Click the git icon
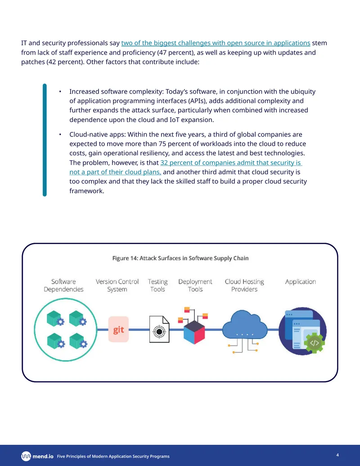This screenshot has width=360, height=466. click(x=118, y=329)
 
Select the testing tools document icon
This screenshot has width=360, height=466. click(x=159, y=329)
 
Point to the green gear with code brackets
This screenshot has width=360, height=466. click(x=314, y=343)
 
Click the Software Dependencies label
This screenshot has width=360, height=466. click(x=63, y=285)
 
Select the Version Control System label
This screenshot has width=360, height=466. click(x=117, y=285)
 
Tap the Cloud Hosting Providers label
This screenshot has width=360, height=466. click(x=244, y=285)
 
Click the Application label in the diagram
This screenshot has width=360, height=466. click(x=300, y=281)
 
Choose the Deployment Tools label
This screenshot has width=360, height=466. click(x=195, y=285)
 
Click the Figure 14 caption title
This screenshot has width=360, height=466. click(x=180, y=258)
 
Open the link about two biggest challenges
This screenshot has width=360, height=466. click(x=216, y=43)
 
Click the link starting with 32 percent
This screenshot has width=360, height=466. click(x=186, y=167)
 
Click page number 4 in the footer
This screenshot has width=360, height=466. click(x=337, y=455)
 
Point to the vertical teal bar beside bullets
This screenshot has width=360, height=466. click(x=45, y=140)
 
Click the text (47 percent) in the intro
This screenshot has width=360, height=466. click(x=175, y=53)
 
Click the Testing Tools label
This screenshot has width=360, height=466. click(x=157, y=285)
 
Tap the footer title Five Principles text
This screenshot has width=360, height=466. click(x=113, y=456)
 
